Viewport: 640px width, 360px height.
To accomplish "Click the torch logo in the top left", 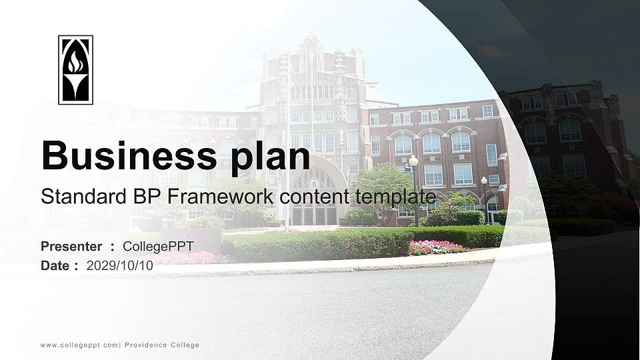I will [75, 70].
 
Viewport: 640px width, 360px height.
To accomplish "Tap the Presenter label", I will [71, 247].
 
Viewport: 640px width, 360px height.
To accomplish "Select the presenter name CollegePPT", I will [158, 247].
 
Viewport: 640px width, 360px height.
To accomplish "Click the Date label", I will [55, 265].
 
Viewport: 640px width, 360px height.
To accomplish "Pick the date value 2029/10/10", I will [120, 265].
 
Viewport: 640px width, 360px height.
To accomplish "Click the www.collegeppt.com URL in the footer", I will [79, 345].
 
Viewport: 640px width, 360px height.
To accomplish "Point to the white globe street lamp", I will [413, 161].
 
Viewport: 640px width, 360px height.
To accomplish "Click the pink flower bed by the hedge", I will [437, 247].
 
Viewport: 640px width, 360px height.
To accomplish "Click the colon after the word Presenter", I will [113, 247].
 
